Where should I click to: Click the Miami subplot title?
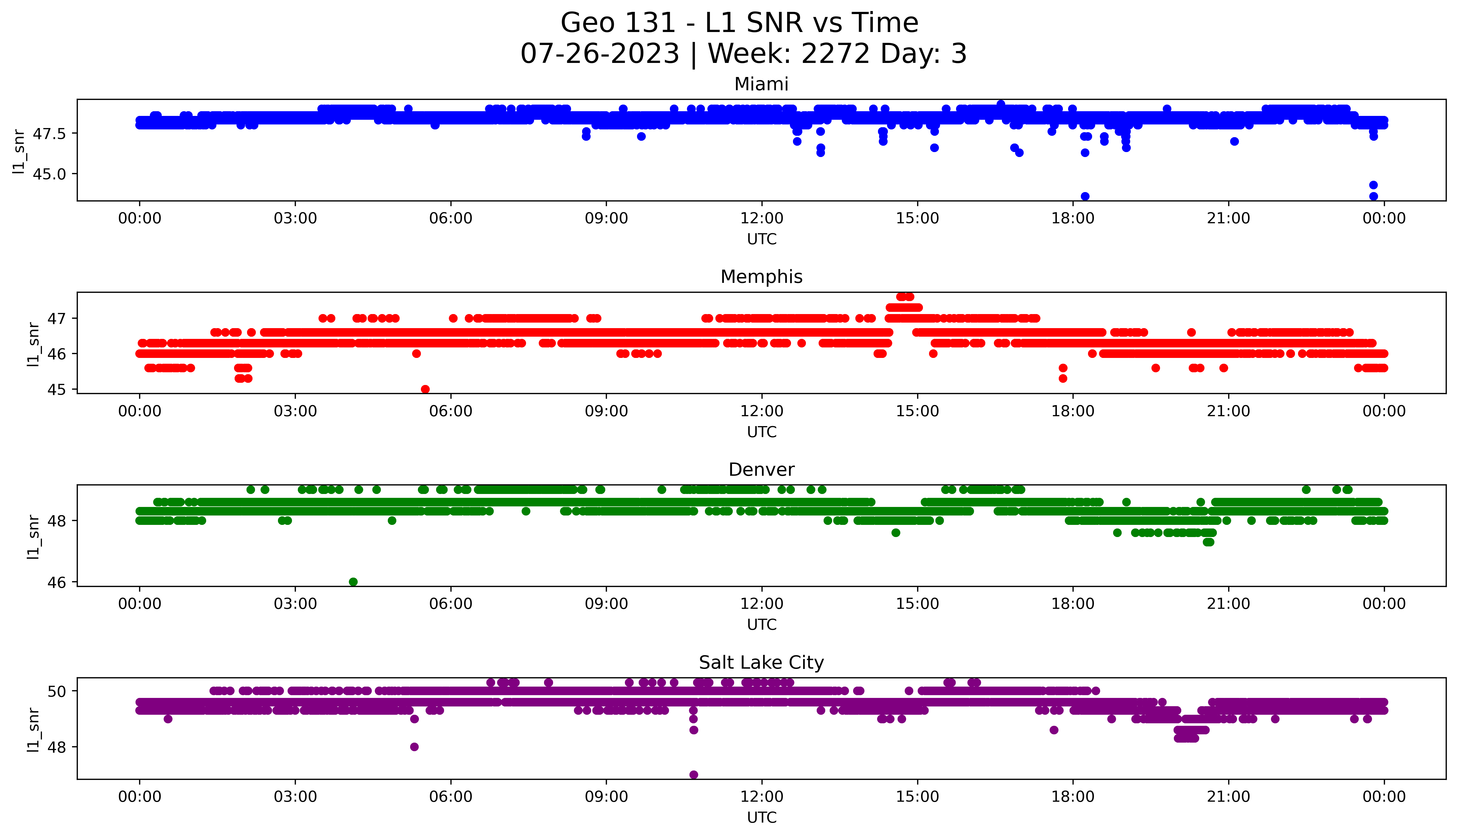(761, 84)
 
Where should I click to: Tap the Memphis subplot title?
(761, 277)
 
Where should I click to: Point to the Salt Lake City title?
(761, 663)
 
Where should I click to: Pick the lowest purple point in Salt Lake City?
(694, 774)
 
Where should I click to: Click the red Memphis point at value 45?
(425, 389)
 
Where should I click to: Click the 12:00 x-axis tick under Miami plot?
(761, 219)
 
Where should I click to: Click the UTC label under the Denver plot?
(761, 624)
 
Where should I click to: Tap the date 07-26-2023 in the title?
(600, 54)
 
